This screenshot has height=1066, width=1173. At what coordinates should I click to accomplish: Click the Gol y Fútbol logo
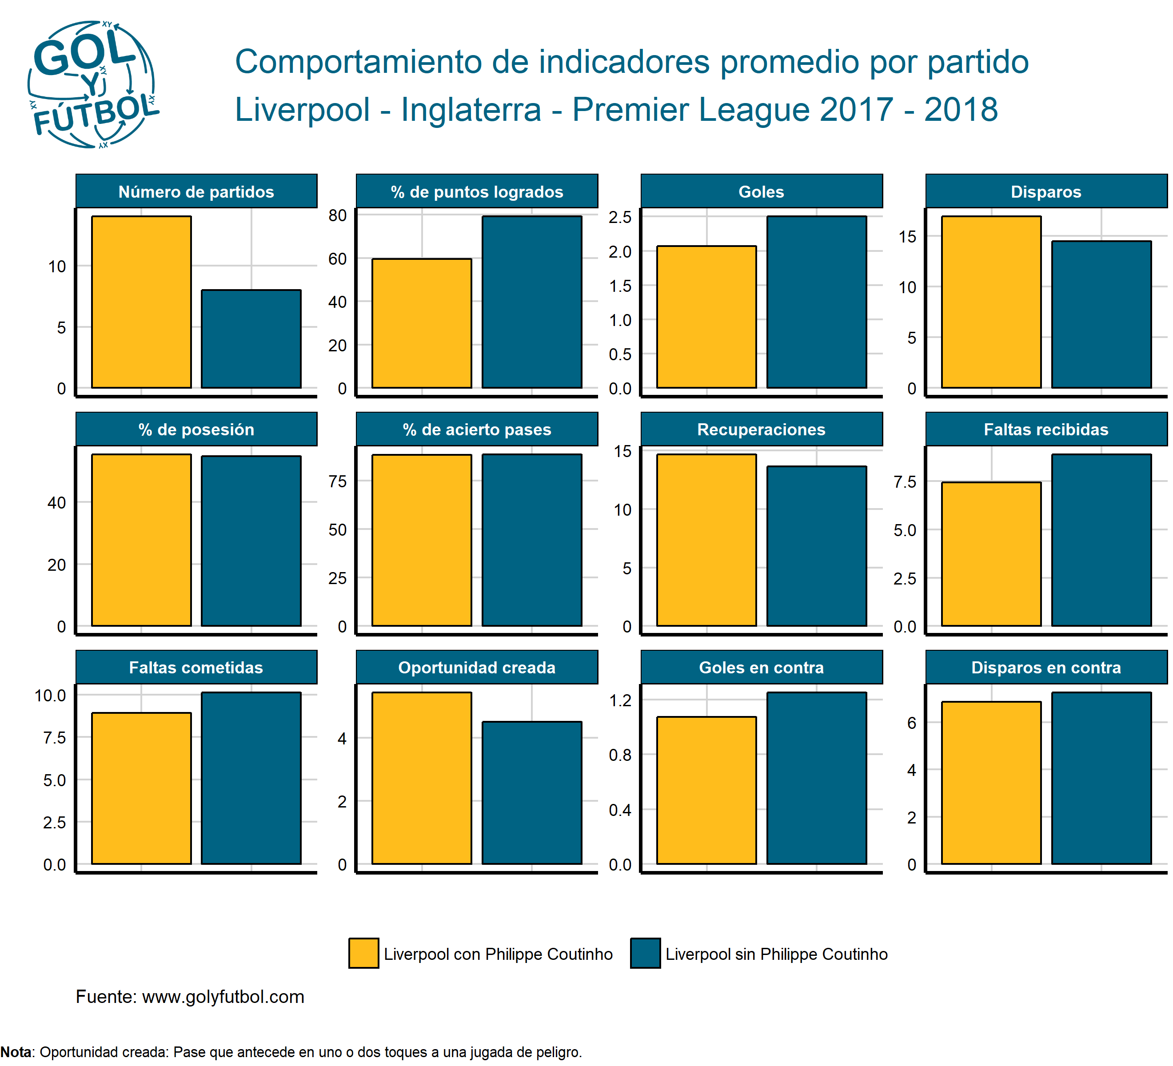pos(93,85)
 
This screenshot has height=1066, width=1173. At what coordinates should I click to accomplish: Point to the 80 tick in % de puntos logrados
pos(338,216)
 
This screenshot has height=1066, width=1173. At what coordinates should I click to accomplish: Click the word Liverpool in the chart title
pos(302,109)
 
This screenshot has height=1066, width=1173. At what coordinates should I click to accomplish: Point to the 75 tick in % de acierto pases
pos(338,481)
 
